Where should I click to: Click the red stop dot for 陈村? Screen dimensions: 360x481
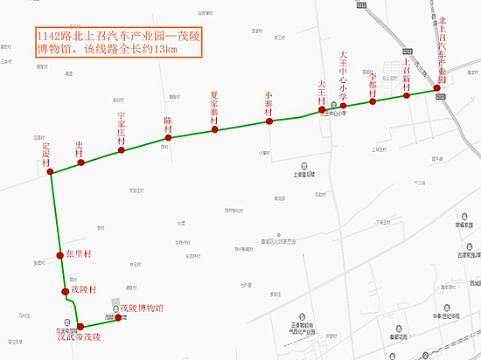point(169,138)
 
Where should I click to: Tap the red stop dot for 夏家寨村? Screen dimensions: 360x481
point(214,131)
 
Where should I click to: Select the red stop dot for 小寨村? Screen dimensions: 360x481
point(268,121)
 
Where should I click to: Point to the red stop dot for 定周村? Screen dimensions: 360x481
point(52,172)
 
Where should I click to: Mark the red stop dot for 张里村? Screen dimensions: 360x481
point(60,255)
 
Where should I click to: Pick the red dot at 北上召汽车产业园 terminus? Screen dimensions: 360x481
point(437,88)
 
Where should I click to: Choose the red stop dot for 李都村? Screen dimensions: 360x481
point(373,101)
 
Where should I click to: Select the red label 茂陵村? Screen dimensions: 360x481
point(88,289)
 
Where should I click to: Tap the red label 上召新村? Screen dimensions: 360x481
point(407,73)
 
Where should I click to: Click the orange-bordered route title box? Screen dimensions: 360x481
point(118,42)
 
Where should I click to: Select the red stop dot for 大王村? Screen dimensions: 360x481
point(322,110)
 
